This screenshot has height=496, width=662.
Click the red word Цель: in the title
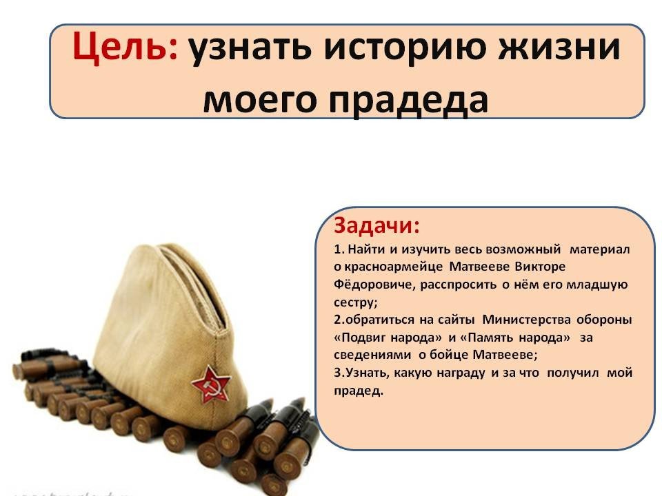coord(125,48)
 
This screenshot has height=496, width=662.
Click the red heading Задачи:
coord(377,226)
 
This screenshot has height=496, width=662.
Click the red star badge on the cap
coord(212,384)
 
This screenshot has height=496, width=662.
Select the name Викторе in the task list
coord(539,267)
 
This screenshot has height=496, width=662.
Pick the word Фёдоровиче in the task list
coord(374,285)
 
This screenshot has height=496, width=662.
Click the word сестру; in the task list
coord(356,303)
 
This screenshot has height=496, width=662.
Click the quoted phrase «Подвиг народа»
coord(388,338)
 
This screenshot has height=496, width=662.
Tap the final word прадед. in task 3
coord(359,391)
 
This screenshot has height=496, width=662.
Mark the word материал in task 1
coord(599,249)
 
